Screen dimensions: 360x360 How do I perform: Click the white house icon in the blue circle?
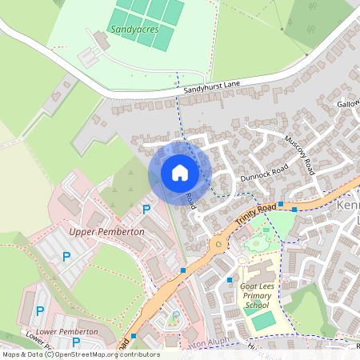[180, 173]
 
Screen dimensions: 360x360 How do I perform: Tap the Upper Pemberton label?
[106, 231]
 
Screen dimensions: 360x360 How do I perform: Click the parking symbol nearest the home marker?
[146, 210]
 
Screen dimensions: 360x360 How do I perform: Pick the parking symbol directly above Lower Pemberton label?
[39, 310]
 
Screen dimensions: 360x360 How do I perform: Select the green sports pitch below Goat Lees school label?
[263, 320]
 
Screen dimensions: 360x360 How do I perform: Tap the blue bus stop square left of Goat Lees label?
[230, 280]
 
